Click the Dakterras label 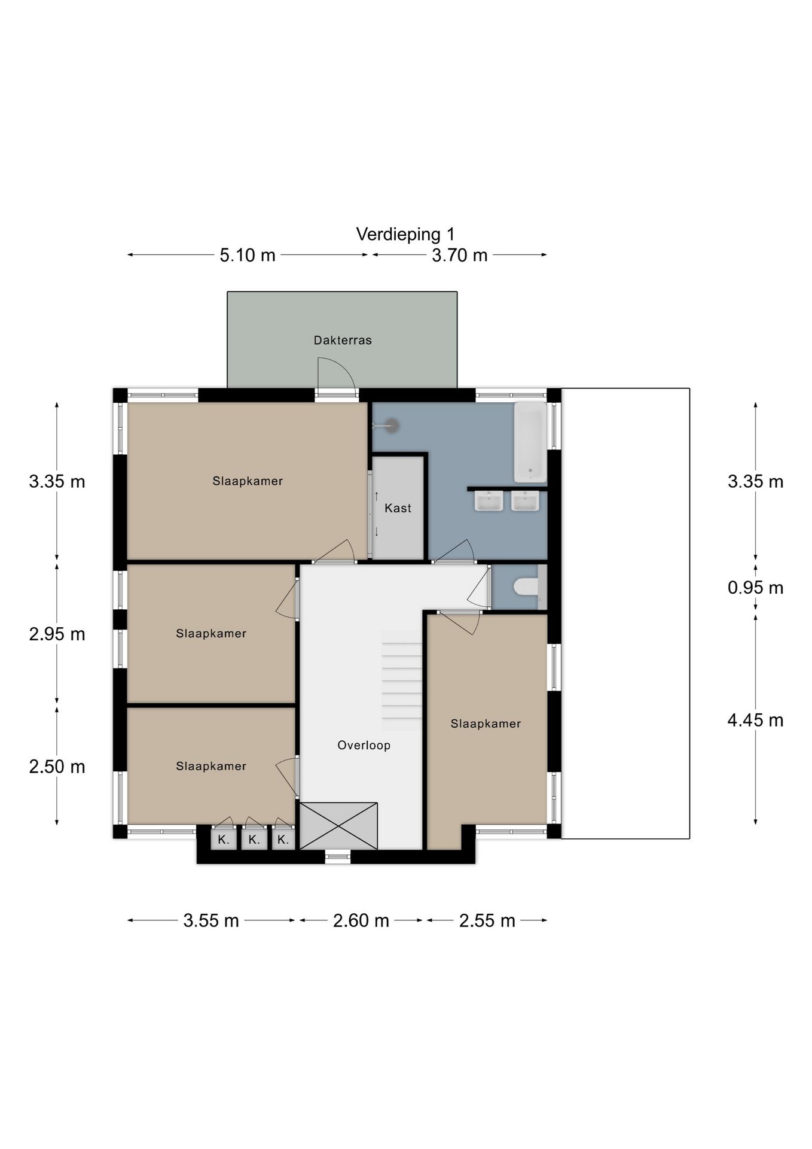pos(343,340)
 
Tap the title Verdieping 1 pos(405,234)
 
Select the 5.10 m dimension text pos(248,256)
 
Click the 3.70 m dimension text pos(460,256)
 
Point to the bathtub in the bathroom pos(530,442)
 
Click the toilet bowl pos(526,587)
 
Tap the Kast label pos(398,508)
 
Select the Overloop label pos(364,745)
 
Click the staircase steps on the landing pos(402,680)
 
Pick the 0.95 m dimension pos(755,588)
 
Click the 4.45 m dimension pos(755,720)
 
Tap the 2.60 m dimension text pos(361,920)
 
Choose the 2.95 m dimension pos(57,634)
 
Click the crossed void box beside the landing pos(338,826)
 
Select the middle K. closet pos(254,838)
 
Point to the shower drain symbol pos(392,425)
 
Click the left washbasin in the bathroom pos(489,501)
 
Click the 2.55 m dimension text pos(487,920)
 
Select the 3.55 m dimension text pos(211,920)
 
